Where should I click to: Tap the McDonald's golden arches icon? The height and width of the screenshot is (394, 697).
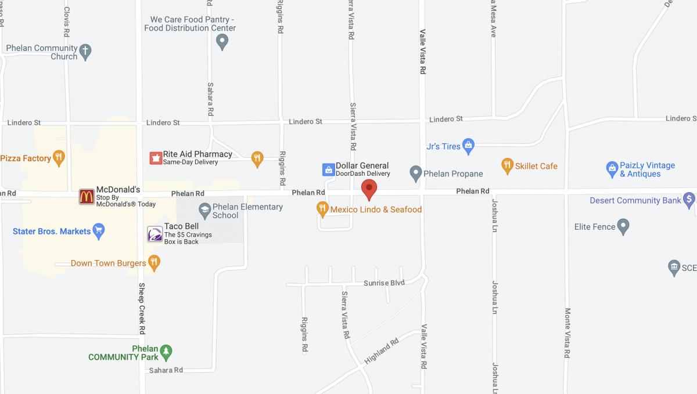pyautogui.click(x=87, y=197)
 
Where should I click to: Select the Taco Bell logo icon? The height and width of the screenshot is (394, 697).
pyautogui.click(x=155, y=234)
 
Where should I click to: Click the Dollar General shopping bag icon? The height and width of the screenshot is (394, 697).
pyautogui.click(x=328, y=169)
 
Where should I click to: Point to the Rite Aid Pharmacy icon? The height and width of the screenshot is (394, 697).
pyautogui.click(x=155, y=158)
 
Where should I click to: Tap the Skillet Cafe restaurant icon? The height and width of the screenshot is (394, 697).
pyautogui.click(x=507, y=166)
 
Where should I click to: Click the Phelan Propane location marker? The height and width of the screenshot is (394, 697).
pyautogui.click(x=415, y=173)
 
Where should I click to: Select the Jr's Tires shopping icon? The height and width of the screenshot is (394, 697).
pyautogui.click(x=469, y=146)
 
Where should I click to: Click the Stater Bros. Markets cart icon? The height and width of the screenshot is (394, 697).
pyautogui.click(x=99, y=231)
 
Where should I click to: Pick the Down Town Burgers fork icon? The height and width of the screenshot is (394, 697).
pyautogui.click(x=153, y=263)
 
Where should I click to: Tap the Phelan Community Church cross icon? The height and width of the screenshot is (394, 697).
pyautogui.click(x=85, y=51)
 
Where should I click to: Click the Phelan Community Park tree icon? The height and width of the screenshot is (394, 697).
pyautogui.click(x=167, y=352)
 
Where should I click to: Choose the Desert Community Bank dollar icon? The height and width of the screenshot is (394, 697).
pyautogui.click(x=689, y=200)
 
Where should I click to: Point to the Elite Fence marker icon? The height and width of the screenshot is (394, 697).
pyautogui.click(x=623, y=226)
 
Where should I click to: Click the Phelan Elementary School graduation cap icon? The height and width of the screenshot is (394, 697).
pyautogui.click(x=204, y=209)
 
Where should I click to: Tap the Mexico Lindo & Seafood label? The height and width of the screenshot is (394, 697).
pyautogui.click(x=376, y=209)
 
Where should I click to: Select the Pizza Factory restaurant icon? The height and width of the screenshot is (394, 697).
pyautogui.click(x=58, y=157)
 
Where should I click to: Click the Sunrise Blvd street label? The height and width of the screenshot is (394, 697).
pyautogui.click(x=384, y=283)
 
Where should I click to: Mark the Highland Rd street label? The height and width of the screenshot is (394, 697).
pyautogui.click(x=382, y=351)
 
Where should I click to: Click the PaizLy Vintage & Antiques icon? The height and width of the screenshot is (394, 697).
pyautogui.click(x=611, y=169)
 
